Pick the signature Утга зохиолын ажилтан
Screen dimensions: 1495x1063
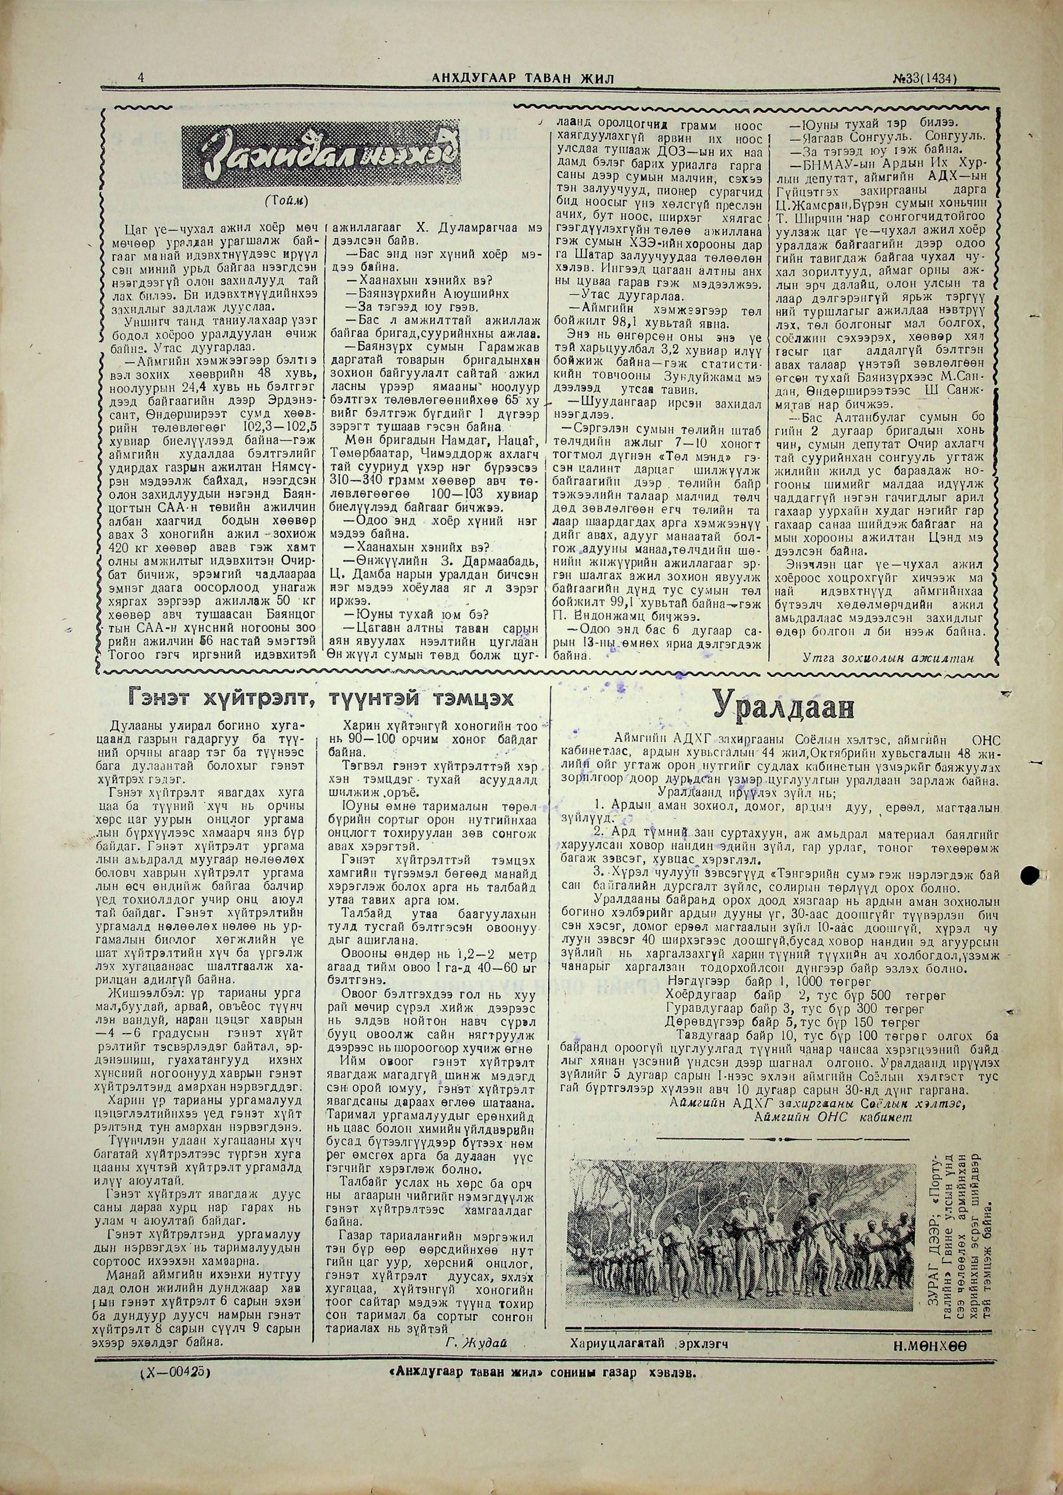click(x=887, y=658)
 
